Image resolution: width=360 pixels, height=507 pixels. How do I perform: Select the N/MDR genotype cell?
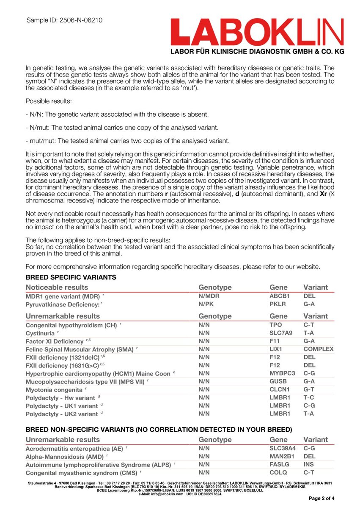point(209,296)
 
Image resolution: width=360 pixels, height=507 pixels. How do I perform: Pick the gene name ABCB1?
point(279,296)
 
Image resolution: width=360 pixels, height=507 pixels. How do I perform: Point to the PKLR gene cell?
point(278,304)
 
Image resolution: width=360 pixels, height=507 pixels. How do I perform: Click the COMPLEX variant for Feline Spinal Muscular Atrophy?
point(318,349)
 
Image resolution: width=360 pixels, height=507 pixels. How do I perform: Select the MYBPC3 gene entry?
point(282,373)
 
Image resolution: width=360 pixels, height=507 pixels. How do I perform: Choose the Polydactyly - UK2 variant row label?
point(62,414)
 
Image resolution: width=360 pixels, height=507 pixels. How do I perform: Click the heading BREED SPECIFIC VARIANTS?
point(71,277)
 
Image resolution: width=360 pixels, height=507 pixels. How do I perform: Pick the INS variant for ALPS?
point(309,464)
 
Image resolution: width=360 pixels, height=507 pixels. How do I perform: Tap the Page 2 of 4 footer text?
point(322,499)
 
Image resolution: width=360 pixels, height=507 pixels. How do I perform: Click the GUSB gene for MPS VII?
point(278,381)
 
